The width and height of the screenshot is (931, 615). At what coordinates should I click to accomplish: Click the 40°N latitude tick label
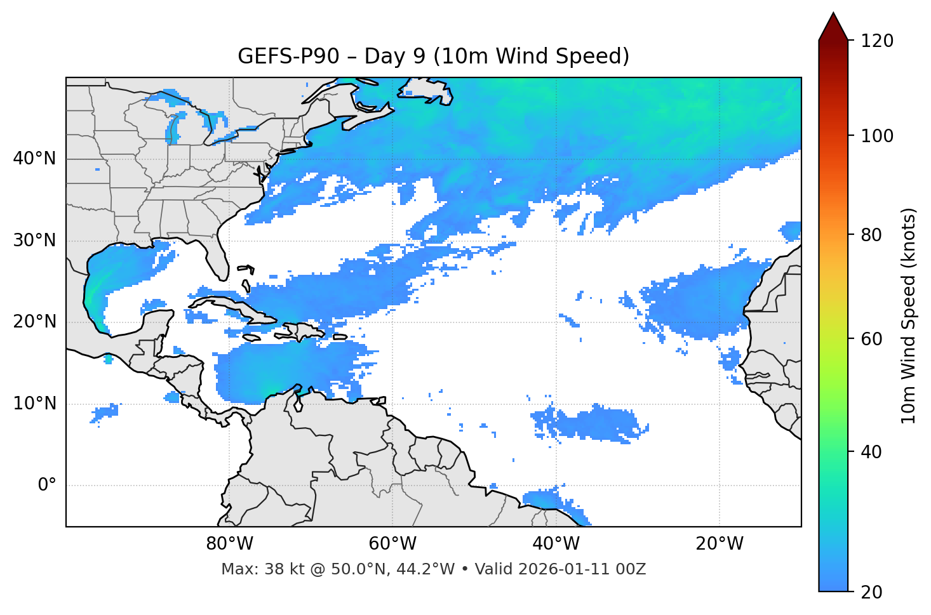coord(34,159)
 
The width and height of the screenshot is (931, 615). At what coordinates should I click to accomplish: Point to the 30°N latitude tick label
coord(34,241)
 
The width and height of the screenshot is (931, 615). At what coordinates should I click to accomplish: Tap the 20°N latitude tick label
coord(34,322)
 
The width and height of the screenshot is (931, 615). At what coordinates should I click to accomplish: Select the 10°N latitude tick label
coord(34,404)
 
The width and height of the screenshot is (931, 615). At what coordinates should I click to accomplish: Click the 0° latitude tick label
coord(46,486)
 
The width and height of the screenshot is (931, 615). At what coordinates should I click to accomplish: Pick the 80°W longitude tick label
coord(229,544)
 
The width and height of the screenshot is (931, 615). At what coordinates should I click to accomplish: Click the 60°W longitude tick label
coord(392,544)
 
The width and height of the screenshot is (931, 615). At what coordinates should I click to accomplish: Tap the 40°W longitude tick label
coord(556,544)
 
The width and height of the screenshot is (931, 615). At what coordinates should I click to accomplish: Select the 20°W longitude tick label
coord(720,544)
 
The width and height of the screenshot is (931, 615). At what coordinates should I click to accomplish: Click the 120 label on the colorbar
coord(876,41)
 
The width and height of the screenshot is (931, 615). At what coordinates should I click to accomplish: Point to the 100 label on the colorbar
coord(876,136)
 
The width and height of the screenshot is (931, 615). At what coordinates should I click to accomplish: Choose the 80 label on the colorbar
coord(871,235)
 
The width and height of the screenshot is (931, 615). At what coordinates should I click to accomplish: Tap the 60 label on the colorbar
coord(871,339)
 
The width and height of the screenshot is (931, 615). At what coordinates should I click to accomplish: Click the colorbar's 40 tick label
coord(871,452)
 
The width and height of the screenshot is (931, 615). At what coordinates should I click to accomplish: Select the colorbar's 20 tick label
coord(871,592)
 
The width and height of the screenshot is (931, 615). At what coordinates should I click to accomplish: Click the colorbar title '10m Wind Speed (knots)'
coord(909,315)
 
